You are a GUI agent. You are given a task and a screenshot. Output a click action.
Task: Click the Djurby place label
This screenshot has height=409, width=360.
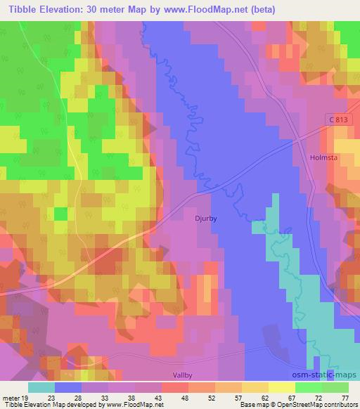205,219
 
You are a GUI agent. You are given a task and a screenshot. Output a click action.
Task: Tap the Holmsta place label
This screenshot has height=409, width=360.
323,158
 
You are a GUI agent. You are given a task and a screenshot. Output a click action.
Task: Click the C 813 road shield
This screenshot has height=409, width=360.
337,120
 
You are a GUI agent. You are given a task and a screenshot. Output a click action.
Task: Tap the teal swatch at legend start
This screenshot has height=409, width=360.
41,387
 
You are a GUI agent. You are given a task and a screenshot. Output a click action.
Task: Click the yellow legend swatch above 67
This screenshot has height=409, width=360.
282,387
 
